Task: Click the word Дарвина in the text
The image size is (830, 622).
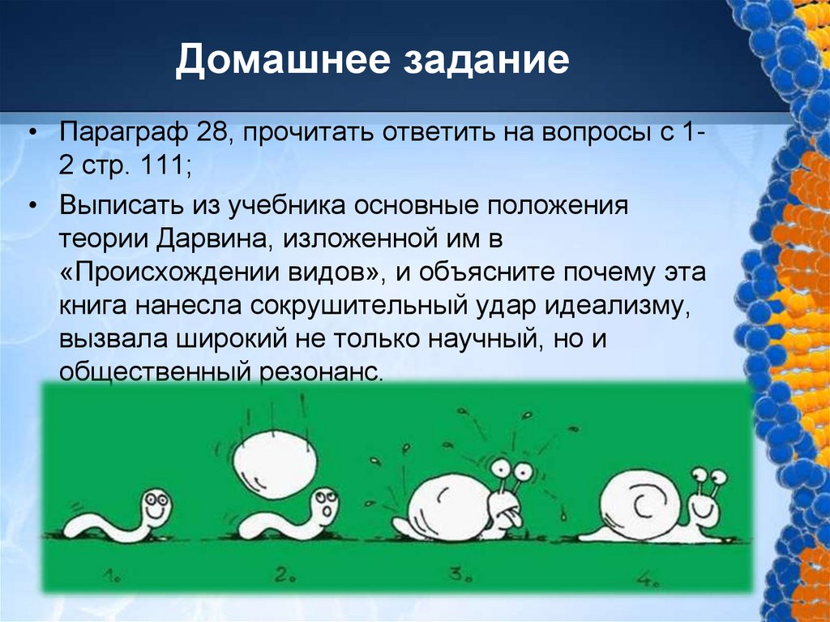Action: coord(209,239)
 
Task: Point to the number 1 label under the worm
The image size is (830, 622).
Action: coord(110,577)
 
